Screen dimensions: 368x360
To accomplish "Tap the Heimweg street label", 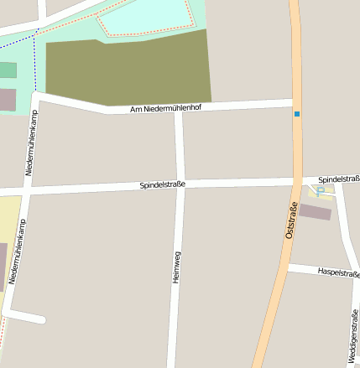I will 176,267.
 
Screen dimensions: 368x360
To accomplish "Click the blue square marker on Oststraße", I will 297,114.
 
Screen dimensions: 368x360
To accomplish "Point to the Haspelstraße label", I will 339,273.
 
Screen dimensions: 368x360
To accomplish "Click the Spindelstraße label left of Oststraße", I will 163,184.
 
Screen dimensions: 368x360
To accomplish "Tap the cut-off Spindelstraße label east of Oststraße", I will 339,179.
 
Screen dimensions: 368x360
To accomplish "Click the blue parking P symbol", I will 321,190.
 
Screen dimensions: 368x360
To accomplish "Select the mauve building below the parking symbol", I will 316,212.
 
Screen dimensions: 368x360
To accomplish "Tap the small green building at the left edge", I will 7,70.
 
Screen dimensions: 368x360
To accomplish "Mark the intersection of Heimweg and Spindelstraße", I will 180,184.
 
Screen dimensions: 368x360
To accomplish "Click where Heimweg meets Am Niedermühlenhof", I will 177,109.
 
